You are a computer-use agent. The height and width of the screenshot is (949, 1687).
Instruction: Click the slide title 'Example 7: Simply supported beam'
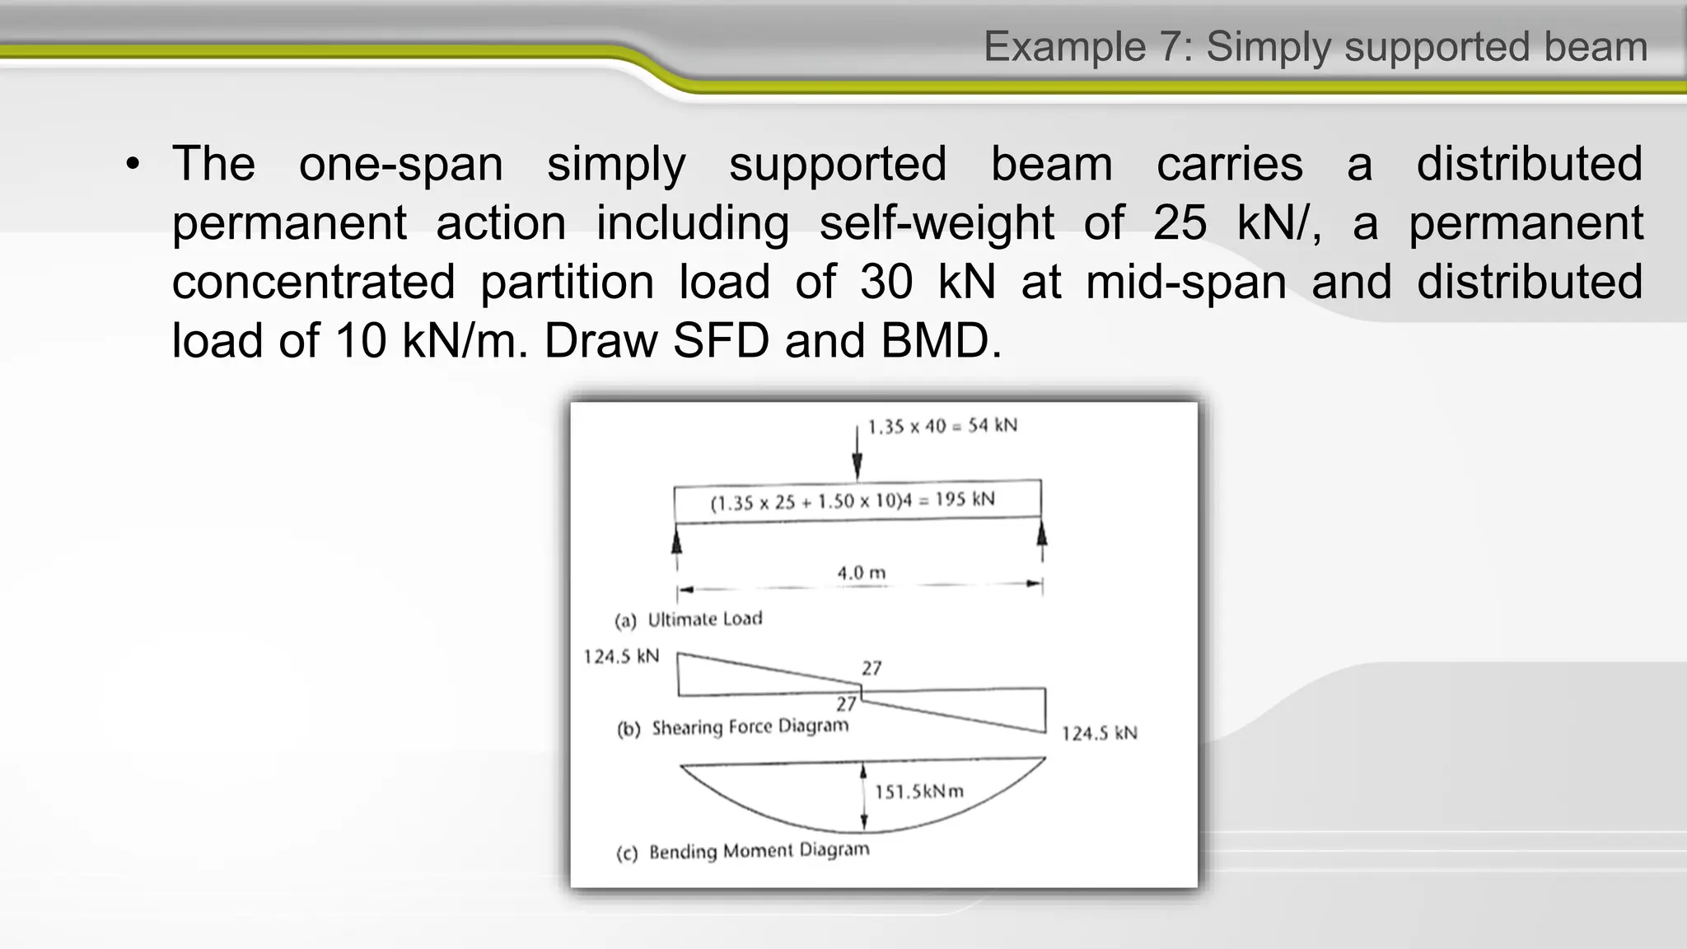(x=1315, y=47)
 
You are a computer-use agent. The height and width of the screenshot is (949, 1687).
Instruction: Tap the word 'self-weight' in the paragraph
(x=937, y=223)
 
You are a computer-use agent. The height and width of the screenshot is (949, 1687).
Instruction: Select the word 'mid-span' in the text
(x=1186, y=283)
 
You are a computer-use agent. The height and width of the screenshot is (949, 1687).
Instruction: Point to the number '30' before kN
(x=886, y=283)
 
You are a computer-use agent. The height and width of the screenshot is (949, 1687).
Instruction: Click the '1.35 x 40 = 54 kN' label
(x=942, y=426)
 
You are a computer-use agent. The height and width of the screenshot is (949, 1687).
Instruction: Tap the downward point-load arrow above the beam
(x=857, y=452)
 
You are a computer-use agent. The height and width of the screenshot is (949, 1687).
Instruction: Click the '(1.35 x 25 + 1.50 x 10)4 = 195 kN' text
(x=853, y=501)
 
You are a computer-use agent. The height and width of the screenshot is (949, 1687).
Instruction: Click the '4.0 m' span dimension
(x=862, y=573)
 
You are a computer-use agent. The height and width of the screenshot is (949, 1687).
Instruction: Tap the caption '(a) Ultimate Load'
(x=689, y=619)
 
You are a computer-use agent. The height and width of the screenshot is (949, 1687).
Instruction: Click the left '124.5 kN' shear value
(x=622, y=657)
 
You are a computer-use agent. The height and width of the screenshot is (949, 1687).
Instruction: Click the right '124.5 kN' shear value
(x=1099, y=733)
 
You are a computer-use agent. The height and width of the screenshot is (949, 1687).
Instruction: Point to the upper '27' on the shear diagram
(x=872, y=668)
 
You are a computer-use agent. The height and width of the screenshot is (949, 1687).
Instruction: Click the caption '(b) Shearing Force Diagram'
(x=732, y=727)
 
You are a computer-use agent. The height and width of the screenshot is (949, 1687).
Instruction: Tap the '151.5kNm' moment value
(x=918, y=792)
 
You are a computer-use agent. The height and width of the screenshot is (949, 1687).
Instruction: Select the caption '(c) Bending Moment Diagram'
(x=742, y=851)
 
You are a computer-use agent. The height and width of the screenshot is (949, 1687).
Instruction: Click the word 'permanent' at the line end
(x=1526, y=223)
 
